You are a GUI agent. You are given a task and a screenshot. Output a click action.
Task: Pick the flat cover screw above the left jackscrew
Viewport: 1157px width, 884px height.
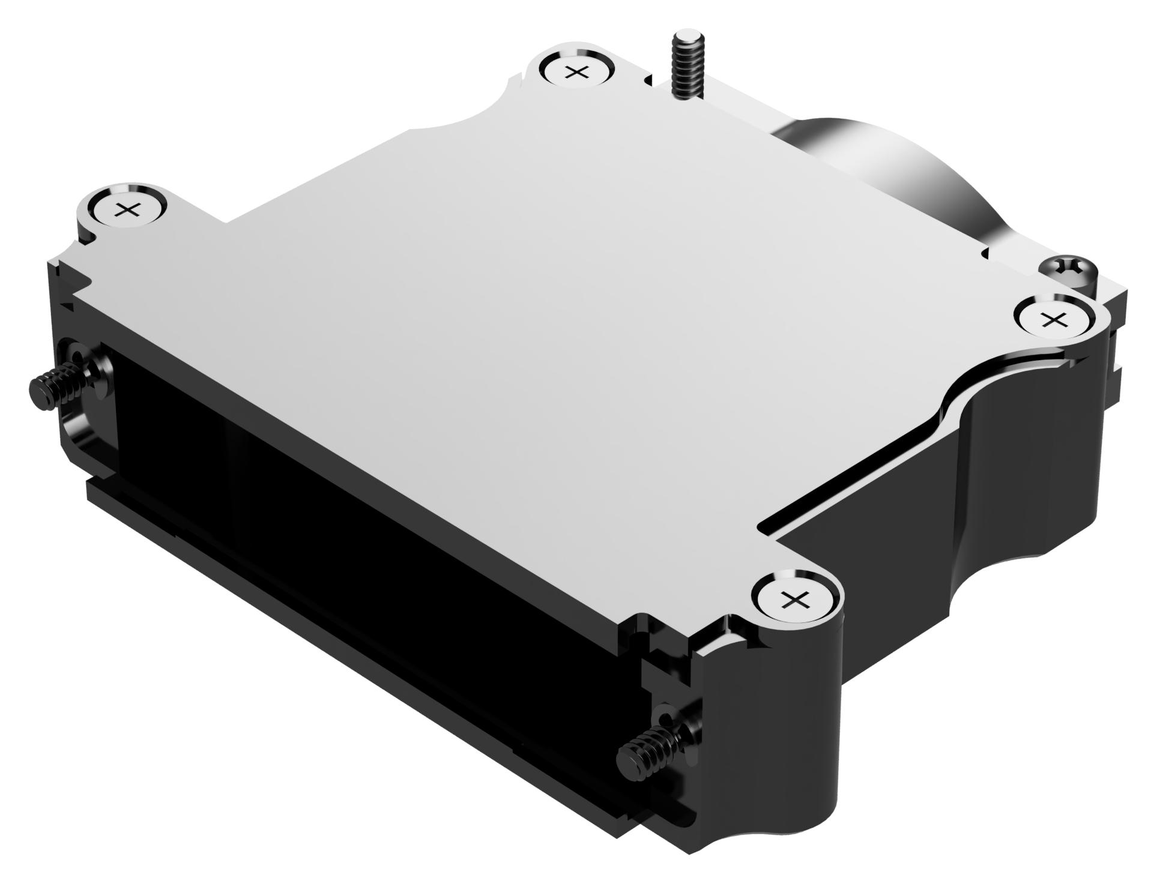[x=127, y=210]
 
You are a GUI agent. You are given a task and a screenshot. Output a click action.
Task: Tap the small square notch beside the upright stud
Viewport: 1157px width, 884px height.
[x=648, y=80]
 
